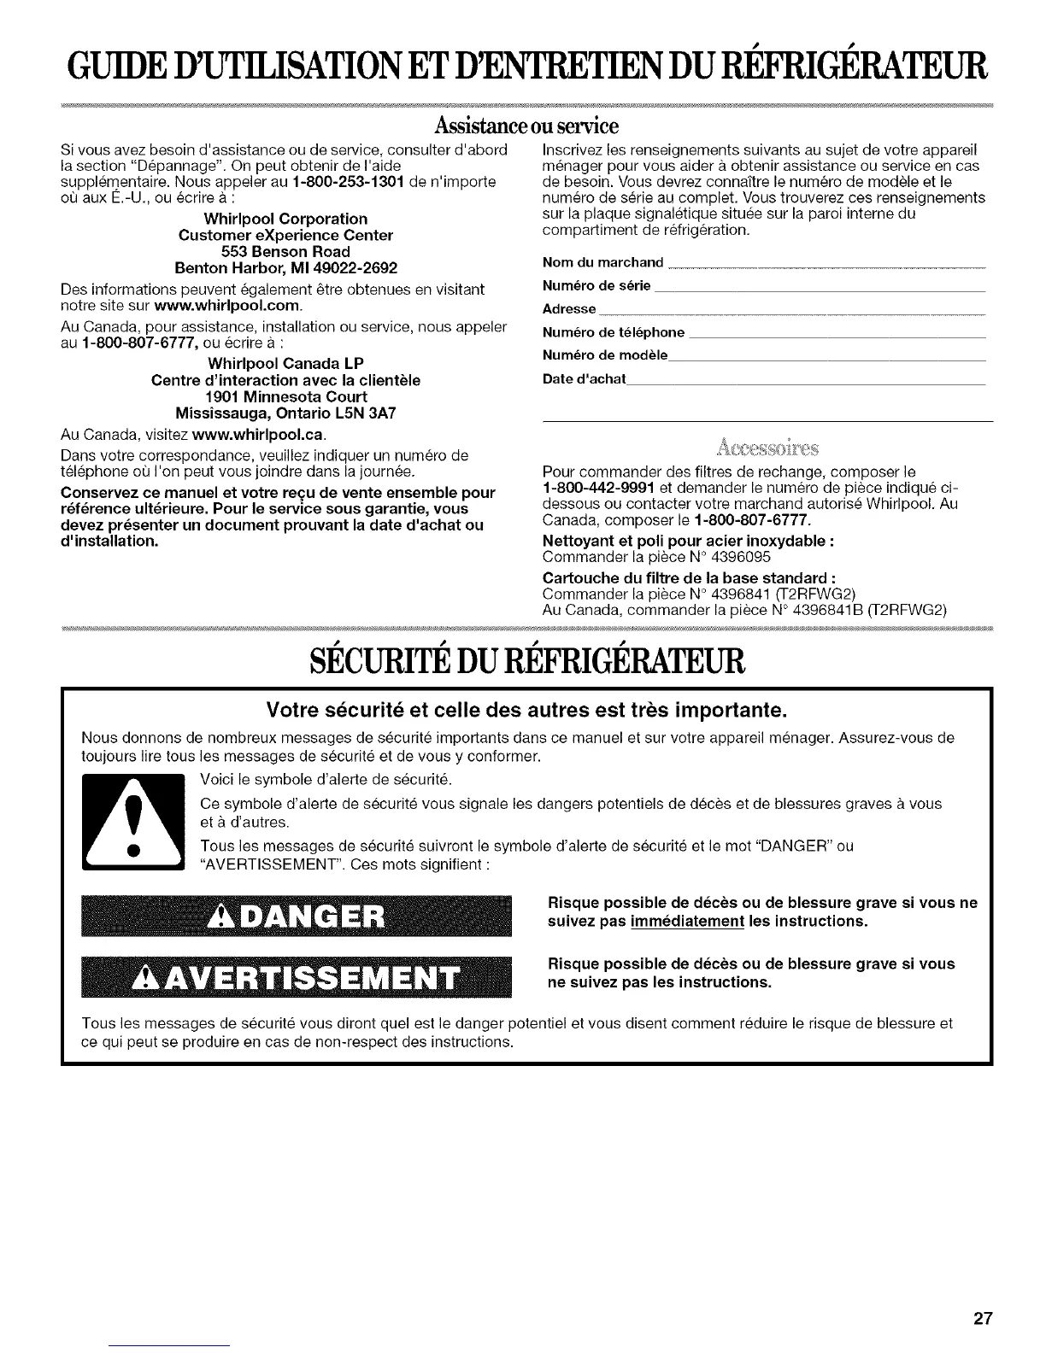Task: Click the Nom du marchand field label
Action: point(602,261)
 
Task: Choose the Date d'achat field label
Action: point(584,378)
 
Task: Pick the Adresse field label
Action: point(569,308)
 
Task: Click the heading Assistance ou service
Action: point(522,128)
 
